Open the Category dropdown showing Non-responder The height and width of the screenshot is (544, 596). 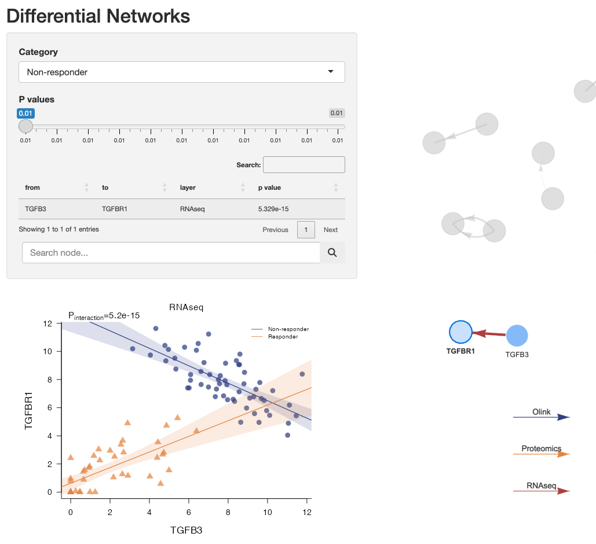pyautogui.click(x=181, y=72)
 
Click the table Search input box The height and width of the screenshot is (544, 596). pyautogui.click(x=304, y=165)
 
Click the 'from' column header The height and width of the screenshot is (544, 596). pyautogui.click(x=33, y=188)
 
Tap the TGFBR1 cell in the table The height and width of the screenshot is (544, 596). pyautogui.click(x=114, y=209)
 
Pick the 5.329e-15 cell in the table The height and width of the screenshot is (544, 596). pyautogui.click(x=274, y=209)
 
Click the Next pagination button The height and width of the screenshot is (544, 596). pyautogui.click(x=331, y=230)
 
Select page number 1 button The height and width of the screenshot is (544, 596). pyautogui.click(x=306, y=230)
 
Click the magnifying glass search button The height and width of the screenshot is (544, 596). pyautogui.click(x=332, y=253)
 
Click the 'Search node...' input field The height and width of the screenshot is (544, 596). pyautogui.click(x=171, y=253)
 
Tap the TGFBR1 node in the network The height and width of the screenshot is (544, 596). pyautogui.click(x=461, y=332)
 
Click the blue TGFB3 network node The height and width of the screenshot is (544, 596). pyautogui.click(x=517, y=336)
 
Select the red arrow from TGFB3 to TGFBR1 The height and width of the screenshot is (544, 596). pyautogui.click(x=489, y=334)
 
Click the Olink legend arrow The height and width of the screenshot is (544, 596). pyautogui.click(x=542, y=417)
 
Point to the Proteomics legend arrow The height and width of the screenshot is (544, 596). pyautogui.click(x=542, y=454)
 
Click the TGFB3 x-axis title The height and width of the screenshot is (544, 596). pyautogui.click(x=187, y=530)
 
